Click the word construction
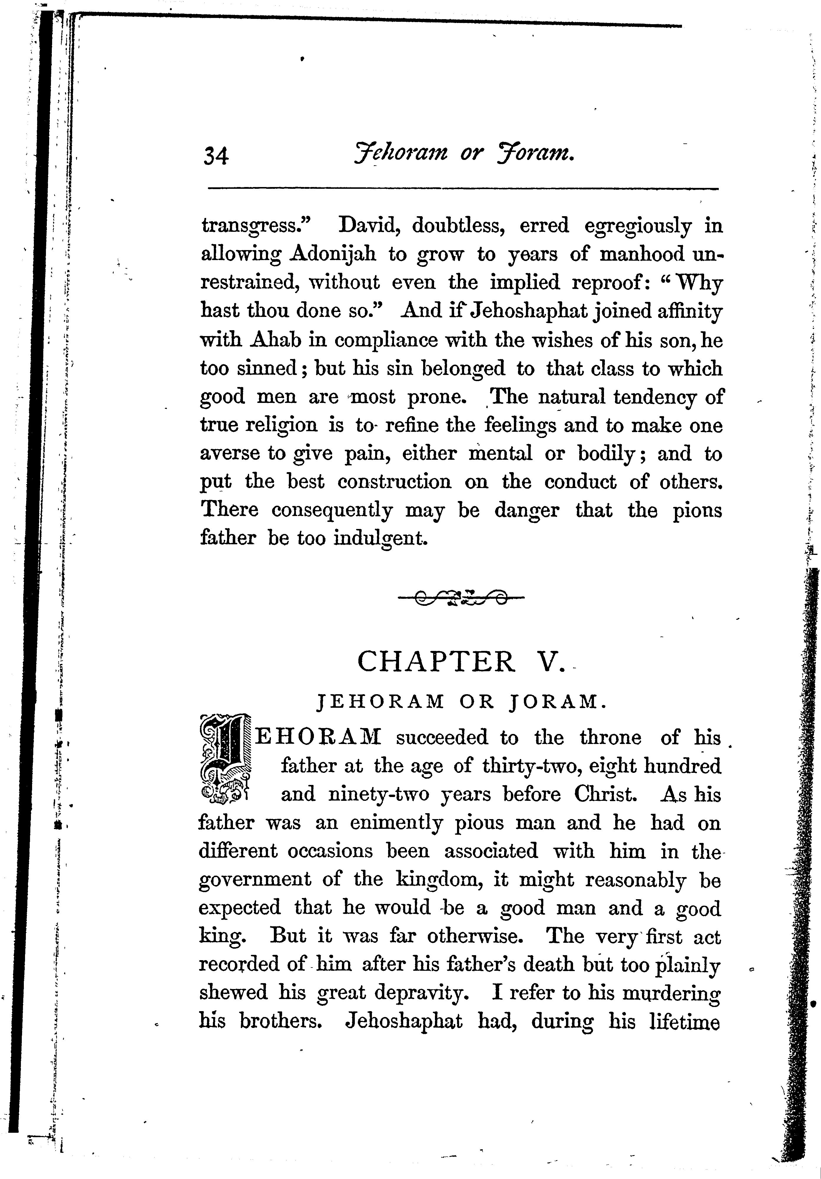(394, 482)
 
